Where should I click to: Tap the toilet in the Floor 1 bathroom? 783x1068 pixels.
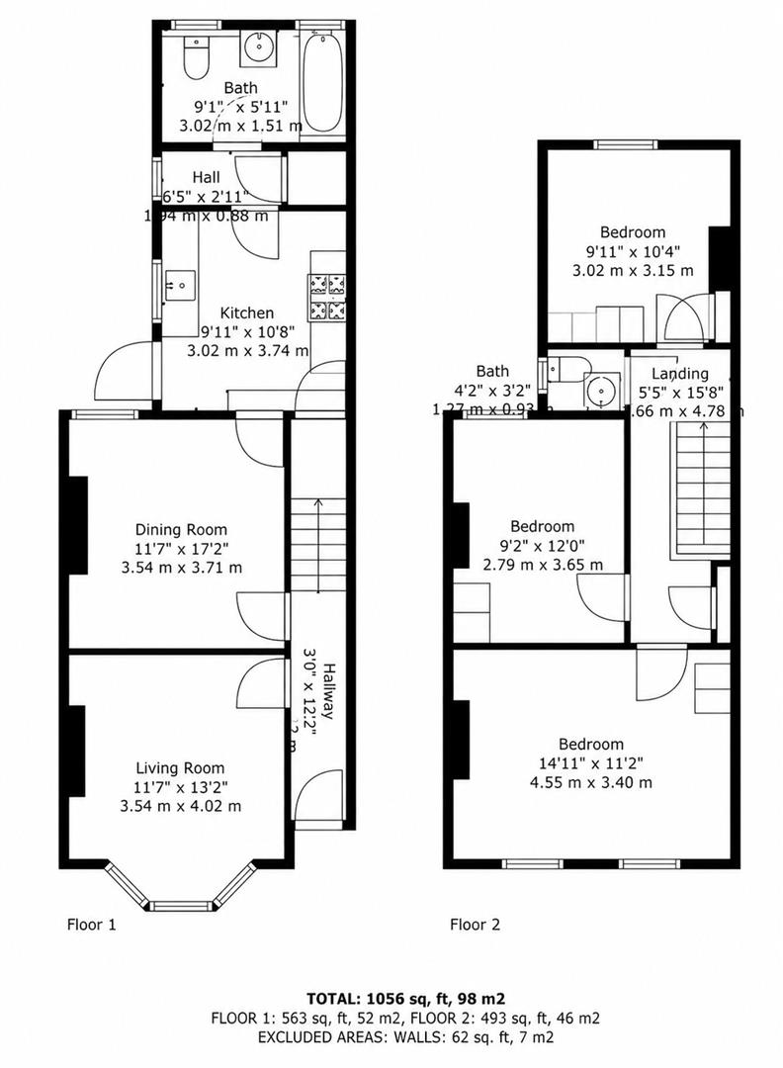pos(198,59)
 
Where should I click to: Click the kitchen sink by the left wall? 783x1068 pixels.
pos(181,285)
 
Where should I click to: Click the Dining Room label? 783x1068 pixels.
pos(181,529)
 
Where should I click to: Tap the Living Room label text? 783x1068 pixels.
pos(180,768)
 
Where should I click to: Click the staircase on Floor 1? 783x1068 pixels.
pos(318,544)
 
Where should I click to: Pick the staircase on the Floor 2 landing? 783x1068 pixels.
pos(702,485)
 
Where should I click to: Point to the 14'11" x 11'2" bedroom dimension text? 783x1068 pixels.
pos(591,763)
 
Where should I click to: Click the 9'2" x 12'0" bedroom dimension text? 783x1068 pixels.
pos(542,546)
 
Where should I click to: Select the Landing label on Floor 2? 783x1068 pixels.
pos(680,373)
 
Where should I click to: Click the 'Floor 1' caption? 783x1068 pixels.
pos(91,926)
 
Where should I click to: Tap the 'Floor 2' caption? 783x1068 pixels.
pos(475,926)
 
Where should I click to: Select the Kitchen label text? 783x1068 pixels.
pos(246,313)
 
